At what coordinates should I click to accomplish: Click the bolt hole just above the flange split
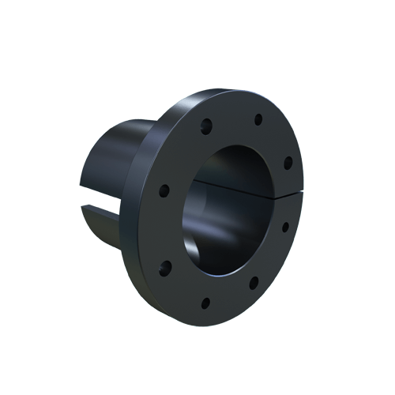click(x=288, y=163)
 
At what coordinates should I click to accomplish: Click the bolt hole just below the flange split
click(x=285, y=227)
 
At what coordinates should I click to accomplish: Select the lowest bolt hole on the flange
click(x=205, y=302)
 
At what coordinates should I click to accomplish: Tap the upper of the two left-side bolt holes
click(x=164, y=190)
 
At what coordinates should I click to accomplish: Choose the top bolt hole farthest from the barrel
click(x=258, y=120)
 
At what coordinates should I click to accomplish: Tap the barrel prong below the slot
click(x=100, y=225)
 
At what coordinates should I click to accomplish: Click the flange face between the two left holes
click(x=164, y=228)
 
